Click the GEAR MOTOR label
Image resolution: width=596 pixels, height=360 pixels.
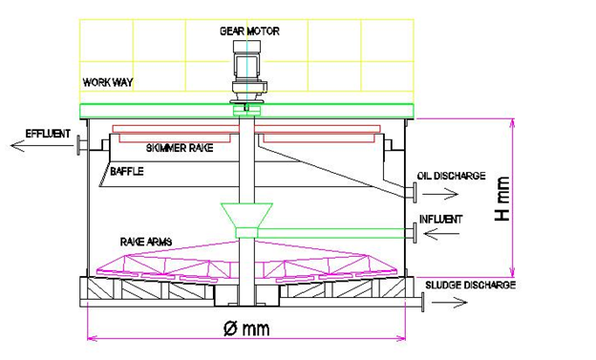(x=249, y=31)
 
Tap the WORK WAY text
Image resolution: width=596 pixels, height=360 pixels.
(x=108, y=82)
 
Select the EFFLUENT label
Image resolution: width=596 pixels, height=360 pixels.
(x=48, y=134)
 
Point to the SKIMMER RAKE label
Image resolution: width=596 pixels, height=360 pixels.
(x=180, y=148)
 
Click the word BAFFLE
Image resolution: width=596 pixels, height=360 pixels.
(x=127, y=172)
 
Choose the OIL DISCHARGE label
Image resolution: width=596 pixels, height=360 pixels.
(x=451, y=176)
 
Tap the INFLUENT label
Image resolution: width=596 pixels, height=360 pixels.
(x=441, y=219)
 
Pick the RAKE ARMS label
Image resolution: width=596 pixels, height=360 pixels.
(x=146, y=242)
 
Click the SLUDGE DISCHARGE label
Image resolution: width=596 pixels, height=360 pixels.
(x=470, y=286)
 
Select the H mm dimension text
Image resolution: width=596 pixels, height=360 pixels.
(x=501, y=199)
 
